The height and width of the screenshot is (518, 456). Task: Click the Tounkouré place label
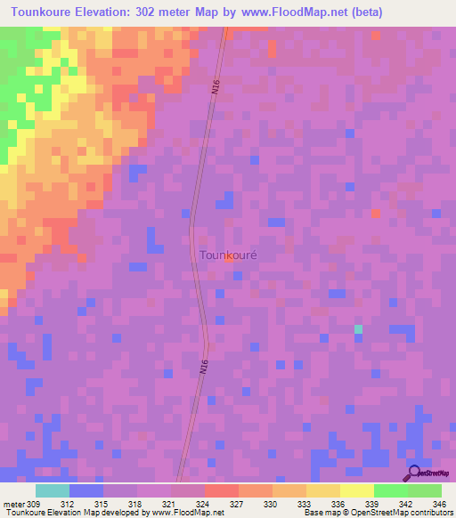(227, 255)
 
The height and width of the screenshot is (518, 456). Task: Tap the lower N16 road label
(203, 365)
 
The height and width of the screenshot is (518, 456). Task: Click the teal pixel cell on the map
(358, 329)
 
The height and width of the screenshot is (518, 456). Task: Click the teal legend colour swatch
(52, 490)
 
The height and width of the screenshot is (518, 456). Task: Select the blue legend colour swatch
(85, 490)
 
